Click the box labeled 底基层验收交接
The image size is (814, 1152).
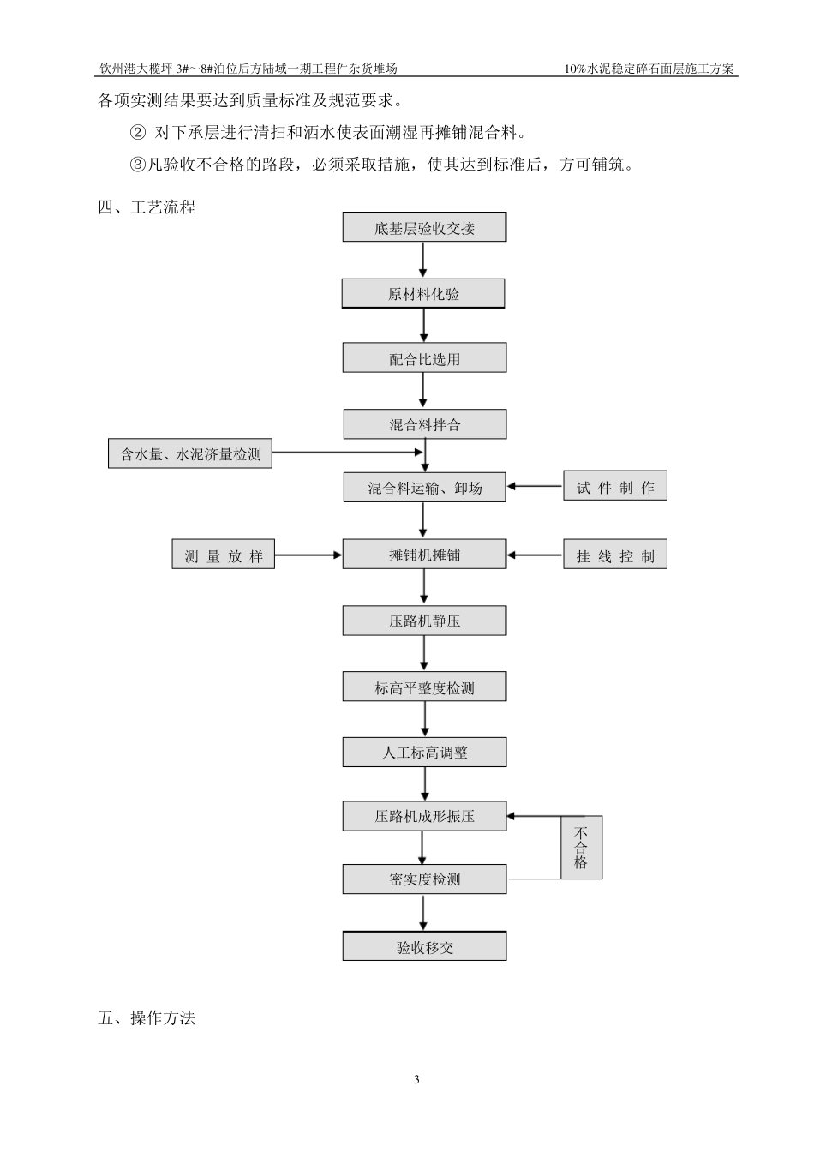pyautogui.click(x=424, y=228)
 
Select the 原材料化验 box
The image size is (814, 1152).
pyautogui.click(x=423, y=294)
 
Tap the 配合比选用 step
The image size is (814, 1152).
pyautogui.click(x=424, y=358)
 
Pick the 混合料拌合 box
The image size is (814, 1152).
pyautogui.click(x=425, y=424)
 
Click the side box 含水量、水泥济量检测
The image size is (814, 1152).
pyautogui.click(x=190, y=454)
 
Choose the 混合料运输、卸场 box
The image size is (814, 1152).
pyautogui.click(x=424, y=488)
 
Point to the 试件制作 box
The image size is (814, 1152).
pyautogui.click(x=614, y=487)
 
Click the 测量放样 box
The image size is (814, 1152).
pyautogui.click(x=223, y=555)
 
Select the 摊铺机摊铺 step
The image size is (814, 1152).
pyautogui.click(x=424, y=555)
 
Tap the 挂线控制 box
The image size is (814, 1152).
pyautogui.click(x=614, y=555)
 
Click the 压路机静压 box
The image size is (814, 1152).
pyautogui.click(x=424, y=621)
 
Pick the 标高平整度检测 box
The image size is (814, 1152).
pyautogui.click(x=424, y=687)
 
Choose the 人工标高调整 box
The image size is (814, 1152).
pyautogui.click(x=424, y=753)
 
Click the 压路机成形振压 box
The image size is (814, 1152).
pyautogui.click(x=424, y=816)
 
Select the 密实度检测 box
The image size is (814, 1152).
pyautogui.click(x=424, y=879)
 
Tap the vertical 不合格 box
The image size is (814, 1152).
pyautogui.click(x=581, y=848)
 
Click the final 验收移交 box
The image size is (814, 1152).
pyautogui.click(x=424, y=946)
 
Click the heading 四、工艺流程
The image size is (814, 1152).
pyautogui.click(x=147, y=207)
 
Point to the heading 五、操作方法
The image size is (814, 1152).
pyautogui.click(x=147, y=1018)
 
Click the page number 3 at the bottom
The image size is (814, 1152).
pyautogui.click(x=416, y=1079)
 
